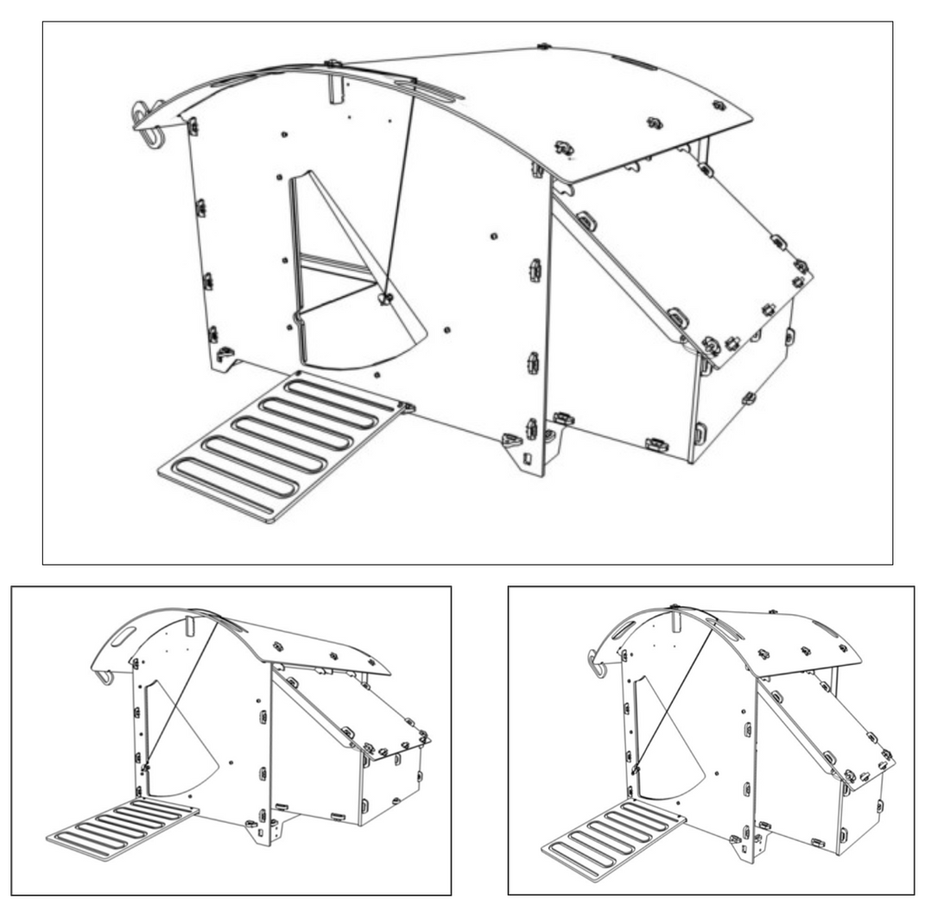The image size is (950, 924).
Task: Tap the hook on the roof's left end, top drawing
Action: [x=144, y=117]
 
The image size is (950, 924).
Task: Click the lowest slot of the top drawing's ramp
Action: [x=233, y=478]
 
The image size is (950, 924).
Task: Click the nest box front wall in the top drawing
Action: [x=743, y=389]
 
